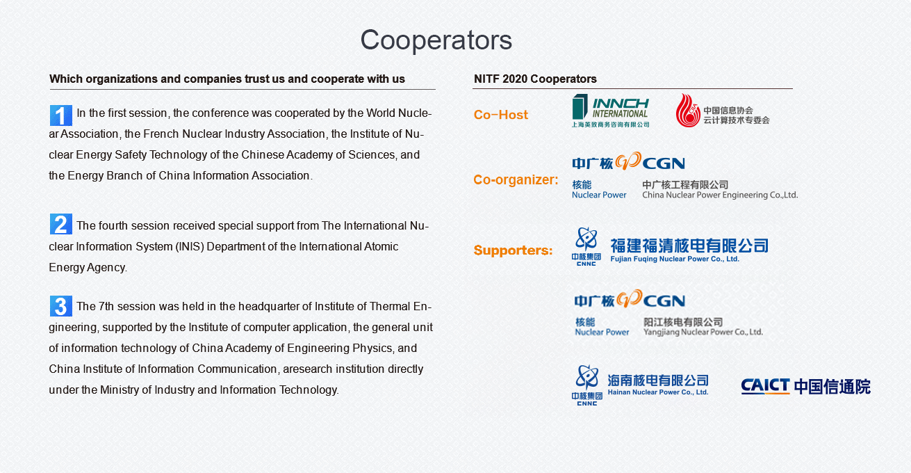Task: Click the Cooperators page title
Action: tap(436, 40)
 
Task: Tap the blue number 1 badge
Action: tap(61, 115)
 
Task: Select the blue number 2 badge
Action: tap(61, 224)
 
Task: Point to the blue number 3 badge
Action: tap(61, 306)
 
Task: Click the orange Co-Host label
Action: tap(500, 115)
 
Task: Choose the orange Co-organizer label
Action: tap(516, 179)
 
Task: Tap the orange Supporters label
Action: tap(513, 250)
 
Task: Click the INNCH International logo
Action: tap(610, 111)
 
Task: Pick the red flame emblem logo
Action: tap(688, 111)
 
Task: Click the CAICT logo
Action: tap(805, 386)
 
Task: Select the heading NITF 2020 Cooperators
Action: tap(535, 79)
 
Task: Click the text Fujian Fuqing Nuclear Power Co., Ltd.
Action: tap(675, 259)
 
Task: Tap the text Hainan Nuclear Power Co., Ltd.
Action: tap(658, 392)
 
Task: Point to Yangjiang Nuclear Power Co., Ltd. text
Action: tap(703, 332)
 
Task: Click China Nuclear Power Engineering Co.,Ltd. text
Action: tap(720, 195)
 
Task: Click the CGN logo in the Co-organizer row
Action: tap(628, 161)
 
